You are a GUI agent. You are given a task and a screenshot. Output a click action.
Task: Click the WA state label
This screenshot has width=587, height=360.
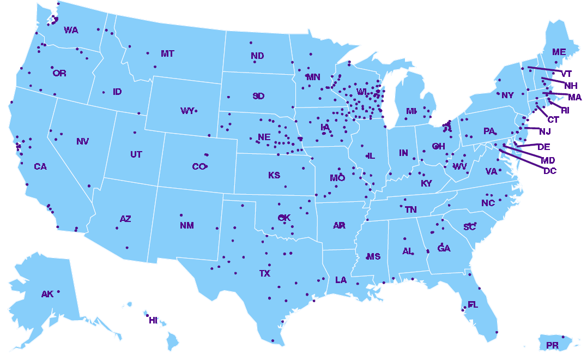tap(71, 31)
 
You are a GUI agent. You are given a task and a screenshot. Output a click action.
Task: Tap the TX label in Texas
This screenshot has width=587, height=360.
tap(264, 273)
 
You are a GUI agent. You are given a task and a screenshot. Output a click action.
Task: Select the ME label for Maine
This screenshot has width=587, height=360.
tap(559, 52)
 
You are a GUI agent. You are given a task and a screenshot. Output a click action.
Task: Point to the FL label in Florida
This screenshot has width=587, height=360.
tap(473, 305)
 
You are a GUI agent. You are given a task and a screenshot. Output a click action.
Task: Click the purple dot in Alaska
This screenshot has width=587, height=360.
tap(58, 291)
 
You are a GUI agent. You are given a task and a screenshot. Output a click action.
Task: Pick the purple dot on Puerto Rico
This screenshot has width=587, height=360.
tap(563, 337)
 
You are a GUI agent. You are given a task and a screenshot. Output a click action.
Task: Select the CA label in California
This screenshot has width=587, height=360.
tap(40, 167)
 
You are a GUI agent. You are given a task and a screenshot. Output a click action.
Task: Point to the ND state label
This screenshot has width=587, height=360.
tap(257, 56)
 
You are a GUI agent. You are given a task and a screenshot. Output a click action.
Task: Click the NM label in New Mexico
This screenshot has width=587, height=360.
tap(186, 225)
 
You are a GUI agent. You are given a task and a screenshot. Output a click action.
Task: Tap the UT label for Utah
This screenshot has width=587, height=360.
tap(136, 155)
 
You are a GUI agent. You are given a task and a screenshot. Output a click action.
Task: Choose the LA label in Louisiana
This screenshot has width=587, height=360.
tap(341, 280)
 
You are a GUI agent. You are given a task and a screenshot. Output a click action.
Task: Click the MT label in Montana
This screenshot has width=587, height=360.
tap(167, 53)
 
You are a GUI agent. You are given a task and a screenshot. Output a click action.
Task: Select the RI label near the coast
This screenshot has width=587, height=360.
tap(565, 110)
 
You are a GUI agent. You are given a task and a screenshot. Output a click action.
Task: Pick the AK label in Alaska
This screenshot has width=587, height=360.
tap(47, 295)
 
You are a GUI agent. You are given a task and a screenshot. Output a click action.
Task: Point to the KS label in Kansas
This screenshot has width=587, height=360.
tap(274, 176)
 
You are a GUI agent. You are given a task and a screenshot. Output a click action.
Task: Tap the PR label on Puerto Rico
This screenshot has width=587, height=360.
tap(552, 346)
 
